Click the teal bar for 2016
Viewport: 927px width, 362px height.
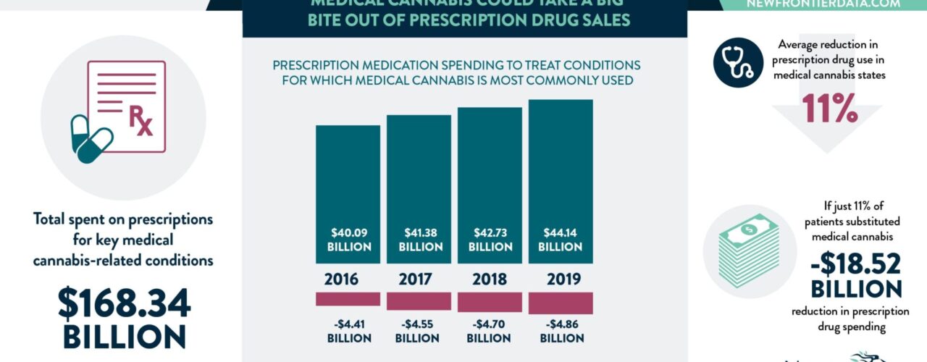pos(348,181)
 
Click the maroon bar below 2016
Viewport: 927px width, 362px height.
pos(348,298)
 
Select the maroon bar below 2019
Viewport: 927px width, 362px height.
pos(561,303)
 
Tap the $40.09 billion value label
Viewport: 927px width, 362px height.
pos(348,240)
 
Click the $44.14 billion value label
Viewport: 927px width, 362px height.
pos(561,240)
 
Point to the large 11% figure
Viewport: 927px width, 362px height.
pos(829,109)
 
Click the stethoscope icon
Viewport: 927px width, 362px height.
pos(739,62)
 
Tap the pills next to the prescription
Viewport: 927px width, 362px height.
pos(91,139)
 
